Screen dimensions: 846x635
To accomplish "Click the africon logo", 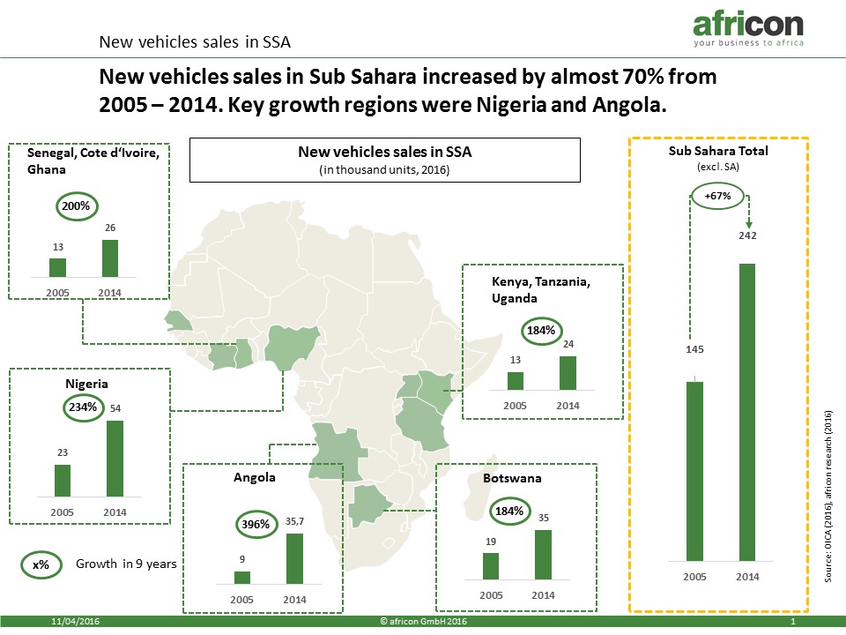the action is point(748,29).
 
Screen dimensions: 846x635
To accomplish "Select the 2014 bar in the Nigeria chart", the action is point(115,459).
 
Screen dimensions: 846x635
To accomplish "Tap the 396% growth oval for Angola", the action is point(256,524).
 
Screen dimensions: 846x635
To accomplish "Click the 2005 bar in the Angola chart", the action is point(242,577).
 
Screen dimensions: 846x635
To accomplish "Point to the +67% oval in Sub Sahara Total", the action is point(717,196).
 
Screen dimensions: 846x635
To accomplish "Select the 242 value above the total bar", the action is point(747,235).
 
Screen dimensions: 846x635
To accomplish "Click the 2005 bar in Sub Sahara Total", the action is point(695,471).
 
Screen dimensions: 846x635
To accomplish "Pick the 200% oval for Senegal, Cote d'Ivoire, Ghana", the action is point(76,206).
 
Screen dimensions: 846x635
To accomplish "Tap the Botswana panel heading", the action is point(512,478).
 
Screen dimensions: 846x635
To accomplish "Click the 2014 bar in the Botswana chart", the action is point(544,555).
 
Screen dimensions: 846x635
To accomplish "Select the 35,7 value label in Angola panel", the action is point(294,521).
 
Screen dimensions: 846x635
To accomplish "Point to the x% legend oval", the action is point(41,564).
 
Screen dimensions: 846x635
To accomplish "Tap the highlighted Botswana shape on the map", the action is point(367,504).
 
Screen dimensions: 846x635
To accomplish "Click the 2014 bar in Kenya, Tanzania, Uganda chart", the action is point(568,373).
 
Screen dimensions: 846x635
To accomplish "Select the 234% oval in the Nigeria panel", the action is point(83,407).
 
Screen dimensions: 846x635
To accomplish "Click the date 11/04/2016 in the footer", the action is point(75,622).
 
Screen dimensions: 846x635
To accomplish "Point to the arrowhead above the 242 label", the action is point(749,225).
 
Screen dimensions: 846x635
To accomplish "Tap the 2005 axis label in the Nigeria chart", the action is point(62,512).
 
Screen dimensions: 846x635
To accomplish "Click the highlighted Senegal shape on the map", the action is point(178,320).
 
